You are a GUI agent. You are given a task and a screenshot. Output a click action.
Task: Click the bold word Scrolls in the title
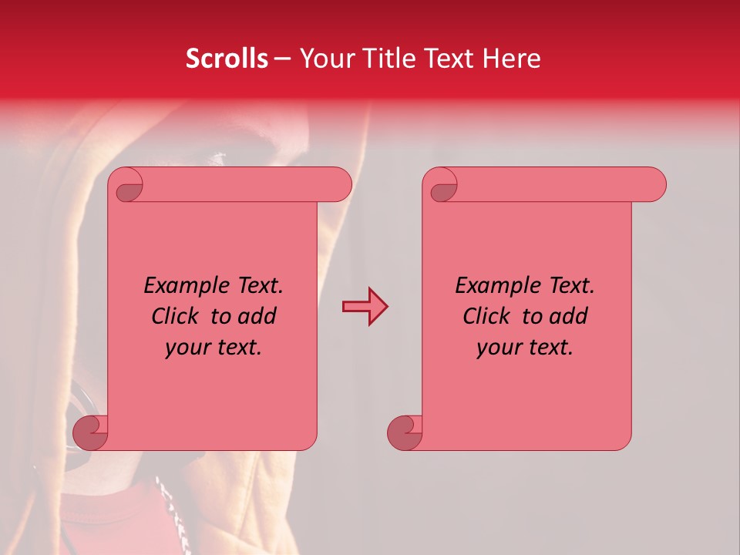[227, 59]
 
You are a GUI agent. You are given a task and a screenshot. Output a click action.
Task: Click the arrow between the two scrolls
[365, 307]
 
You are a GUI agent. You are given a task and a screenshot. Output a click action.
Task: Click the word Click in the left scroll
[178, 316]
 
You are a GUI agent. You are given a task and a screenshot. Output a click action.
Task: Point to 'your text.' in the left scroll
[214, 347]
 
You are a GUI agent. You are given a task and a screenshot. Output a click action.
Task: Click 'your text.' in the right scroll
[524, 347]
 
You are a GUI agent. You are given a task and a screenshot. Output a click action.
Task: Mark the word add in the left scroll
[257, 316]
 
